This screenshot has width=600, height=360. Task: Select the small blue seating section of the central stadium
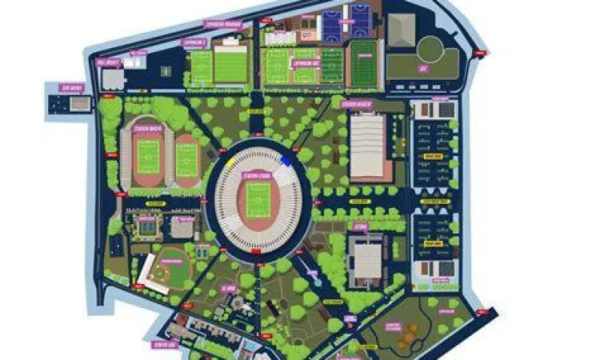click(x=286, y=159)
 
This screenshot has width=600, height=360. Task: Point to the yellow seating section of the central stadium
click(x=231, y=161)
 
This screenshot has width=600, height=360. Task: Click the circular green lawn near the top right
click(x=430, y=49)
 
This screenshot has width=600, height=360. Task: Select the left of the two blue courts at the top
click(x=333, y=23)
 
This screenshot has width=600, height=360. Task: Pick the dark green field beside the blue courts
click(x=364, y=64)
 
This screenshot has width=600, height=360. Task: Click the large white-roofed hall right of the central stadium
click(x=367, y=144)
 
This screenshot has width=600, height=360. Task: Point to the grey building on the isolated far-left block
click(x=79, y=103)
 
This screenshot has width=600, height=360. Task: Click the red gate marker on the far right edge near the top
click(x=479, y=52)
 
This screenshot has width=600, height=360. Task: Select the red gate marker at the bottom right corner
click(x=482, y=307)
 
